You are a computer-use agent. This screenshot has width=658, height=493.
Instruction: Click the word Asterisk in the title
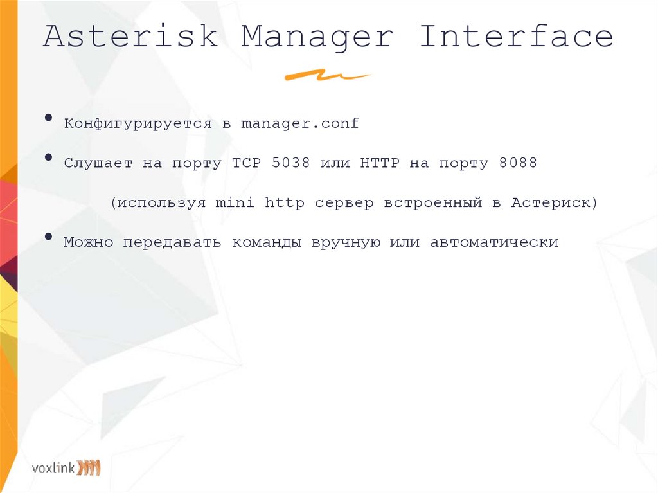(130, 37)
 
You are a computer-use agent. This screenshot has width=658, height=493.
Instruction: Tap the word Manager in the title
(317, 37)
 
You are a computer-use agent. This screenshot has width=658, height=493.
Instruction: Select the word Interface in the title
(516, 37)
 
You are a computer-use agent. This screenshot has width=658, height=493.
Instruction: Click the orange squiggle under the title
(327, 76)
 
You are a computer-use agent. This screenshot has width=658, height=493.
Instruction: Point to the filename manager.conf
(299, 123)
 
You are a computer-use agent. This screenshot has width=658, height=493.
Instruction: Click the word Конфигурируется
(138, 123)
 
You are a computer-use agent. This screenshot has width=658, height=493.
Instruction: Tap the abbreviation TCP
(246, 163)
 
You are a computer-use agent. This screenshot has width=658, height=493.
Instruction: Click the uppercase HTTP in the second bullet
(380, 163)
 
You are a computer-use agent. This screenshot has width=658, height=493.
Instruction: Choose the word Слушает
(98, 163)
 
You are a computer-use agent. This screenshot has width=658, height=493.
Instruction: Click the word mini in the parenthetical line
(235, 203)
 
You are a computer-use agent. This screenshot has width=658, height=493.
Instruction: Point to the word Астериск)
(555, 203)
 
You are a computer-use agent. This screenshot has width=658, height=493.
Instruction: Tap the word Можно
(88, 243)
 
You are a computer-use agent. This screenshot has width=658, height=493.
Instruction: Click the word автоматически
(494, 243)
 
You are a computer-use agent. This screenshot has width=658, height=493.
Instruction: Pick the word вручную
(344, 243)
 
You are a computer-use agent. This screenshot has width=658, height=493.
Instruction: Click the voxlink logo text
(53, 467)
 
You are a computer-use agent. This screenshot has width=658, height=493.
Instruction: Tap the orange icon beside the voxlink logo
(89, 467)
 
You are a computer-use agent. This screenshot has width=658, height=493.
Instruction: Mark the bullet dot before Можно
(49, 237)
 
